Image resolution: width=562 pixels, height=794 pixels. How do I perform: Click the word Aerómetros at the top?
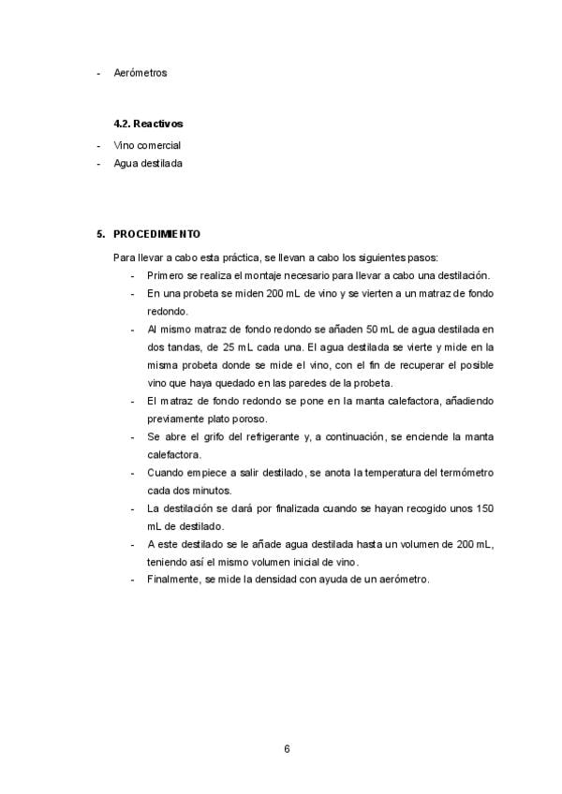140,72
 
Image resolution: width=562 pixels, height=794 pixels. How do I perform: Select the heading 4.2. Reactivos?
148,123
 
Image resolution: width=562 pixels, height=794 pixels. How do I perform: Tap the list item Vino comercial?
146,145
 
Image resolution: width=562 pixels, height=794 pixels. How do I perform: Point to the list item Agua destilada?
148,163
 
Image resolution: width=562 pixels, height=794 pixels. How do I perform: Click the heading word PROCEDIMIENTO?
156,233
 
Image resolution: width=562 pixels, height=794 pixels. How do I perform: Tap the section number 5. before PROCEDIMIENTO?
101,233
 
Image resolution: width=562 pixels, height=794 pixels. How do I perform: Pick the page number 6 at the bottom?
287,748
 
